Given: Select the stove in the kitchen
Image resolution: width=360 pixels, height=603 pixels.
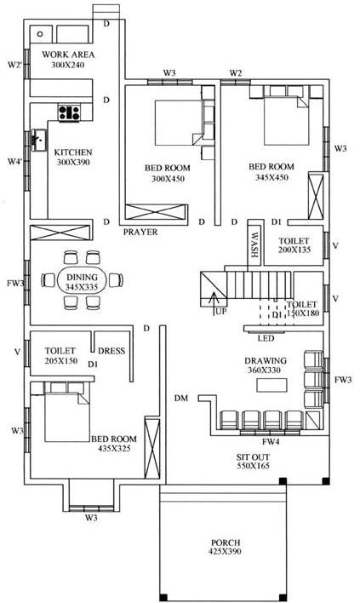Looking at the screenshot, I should coord(68,111).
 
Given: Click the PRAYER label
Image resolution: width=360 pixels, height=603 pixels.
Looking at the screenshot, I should coord(140,232).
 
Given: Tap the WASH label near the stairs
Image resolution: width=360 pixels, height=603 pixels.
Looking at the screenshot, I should coord(254,244).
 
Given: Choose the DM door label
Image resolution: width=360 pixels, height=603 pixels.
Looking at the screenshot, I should coord(180,399).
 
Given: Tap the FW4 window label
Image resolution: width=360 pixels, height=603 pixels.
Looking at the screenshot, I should coord(271,442).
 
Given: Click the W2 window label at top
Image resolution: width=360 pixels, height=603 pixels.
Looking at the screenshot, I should coord(236,72).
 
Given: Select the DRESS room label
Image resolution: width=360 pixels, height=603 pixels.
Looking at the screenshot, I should coord(111,350).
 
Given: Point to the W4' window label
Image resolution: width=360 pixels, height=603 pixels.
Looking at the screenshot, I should coord(14,161).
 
